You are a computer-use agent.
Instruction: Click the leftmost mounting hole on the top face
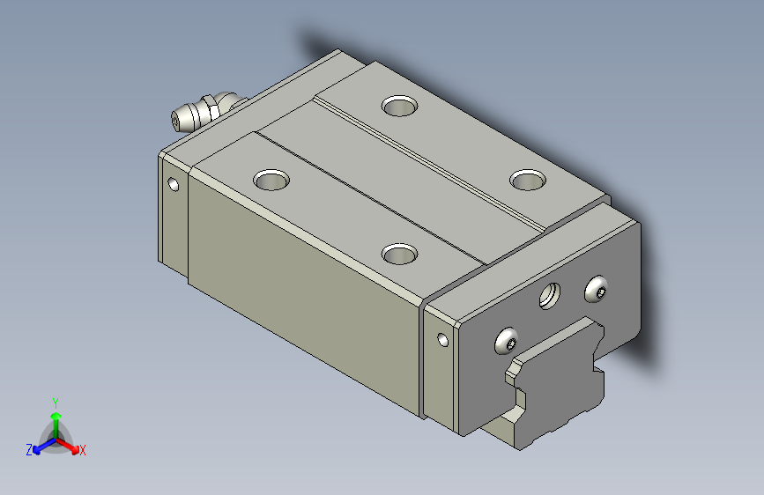271,180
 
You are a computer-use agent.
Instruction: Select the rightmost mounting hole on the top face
528,180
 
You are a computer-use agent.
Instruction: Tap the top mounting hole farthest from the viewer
399,106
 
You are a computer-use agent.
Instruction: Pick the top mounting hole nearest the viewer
399,254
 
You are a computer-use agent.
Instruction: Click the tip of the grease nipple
175,122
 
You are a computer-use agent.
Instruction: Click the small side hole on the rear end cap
173,185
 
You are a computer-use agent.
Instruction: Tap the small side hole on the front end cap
443,340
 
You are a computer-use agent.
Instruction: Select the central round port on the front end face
550,296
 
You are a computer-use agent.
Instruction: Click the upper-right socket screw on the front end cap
596,290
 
